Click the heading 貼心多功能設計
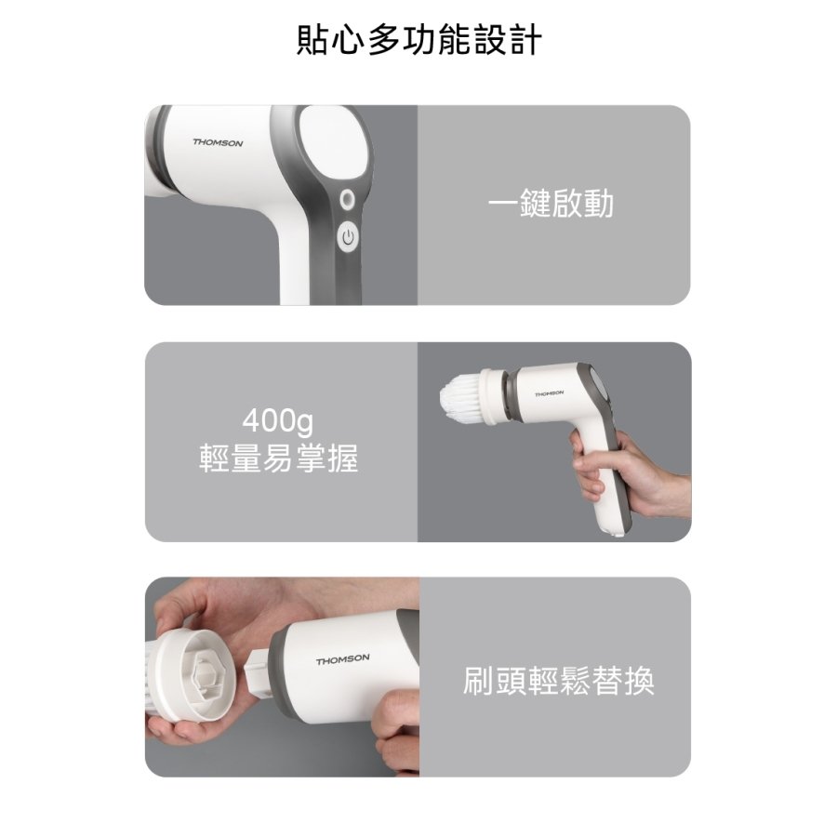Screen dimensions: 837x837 (x=419, y=40)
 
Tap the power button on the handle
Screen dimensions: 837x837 (x=348, y=237)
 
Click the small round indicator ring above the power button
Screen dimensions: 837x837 (x=348, y=200)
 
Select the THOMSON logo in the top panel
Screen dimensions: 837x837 (x=218, y=142)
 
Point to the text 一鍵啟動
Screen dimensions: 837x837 (x=551, y=204)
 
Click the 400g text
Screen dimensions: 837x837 (x=277, y=420)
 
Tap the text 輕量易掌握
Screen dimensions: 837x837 (x=278, y=458)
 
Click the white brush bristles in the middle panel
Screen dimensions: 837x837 (x=460, y=398)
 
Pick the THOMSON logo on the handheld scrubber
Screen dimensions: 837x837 (x=549, y=393)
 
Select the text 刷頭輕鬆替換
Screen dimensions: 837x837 (x=558, y=680)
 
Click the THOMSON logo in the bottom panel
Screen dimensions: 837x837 (x=342, y=659)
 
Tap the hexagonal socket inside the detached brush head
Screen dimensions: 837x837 (x=205, y=675)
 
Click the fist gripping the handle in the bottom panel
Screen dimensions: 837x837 (x=396, y=731)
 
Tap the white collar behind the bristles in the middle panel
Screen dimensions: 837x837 (x=493, y=395)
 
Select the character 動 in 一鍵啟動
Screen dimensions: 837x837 (x=598, y=204)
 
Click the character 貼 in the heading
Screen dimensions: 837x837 (x=312, y=40)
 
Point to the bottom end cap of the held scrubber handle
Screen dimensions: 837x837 (x=618, y=532)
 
